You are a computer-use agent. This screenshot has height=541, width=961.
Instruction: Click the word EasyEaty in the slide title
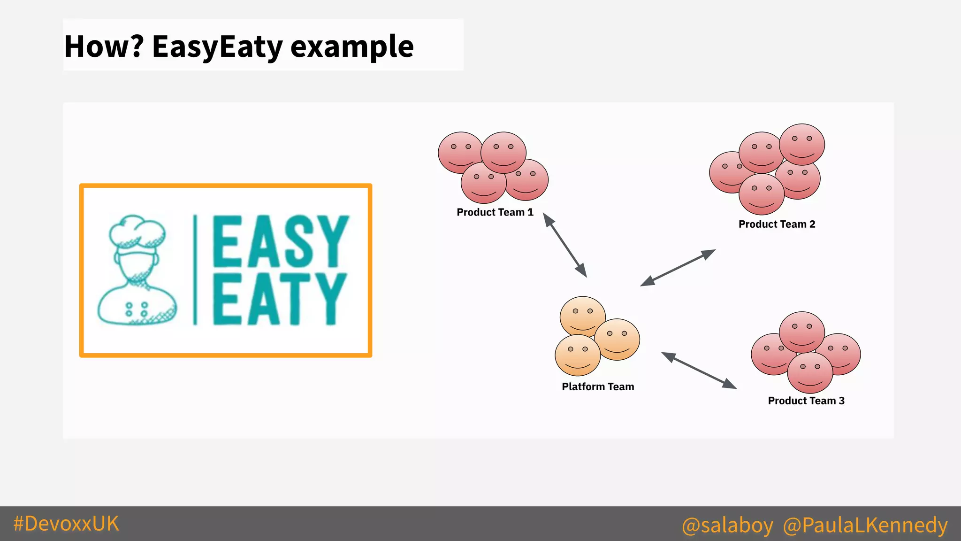[217, 47]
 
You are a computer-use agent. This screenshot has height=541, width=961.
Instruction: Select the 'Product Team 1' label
[495, 212]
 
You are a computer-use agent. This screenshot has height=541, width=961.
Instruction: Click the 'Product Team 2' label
[777, 224]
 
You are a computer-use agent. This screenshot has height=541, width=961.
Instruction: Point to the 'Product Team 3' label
[806, 401]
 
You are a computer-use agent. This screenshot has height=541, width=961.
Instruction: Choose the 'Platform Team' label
[598, 387]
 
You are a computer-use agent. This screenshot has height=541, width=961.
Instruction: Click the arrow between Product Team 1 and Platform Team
[565, 245]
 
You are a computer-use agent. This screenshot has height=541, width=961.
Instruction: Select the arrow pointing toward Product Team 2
[678, 268]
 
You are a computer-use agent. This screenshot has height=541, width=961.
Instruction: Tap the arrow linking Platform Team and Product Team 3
[699, 371]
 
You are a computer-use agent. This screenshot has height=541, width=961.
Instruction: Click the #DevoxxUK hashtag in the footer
[66, 524]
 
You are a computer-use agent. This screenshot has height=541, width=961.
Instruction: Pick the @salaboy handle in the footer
[727, 525]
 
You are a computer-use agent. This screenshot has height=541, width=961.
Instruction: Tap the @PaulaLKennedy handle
[865, 525]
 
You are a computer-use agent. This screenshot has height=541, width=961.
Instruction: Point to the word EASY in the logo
[281, 241]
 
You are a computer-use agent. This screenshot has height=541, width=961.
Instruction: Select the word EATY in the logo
[280, 299]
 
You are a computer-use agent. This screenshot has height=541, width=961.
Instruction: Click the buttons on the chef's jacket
[136, 309]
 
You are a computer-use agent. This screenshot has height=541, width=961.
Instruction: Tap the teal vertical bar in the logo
[195, 270]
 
